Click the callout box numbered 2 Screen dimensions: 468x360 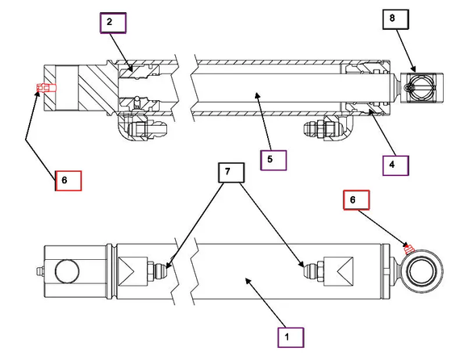pyautogui.click(x=113, y=23)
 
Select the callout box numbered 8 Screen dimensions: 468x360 pyautogui.click(x=395, y=19)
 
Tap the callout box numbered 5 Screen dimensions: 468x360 pyautogui.click(x=273, y=161)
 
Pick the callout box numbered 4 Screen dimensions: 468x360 pyautogui.click(x=395, y=165)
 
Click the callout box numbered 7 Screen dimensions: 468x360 pyautogui.click(x=232, y=173)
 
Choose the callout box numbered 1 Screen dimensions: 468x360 pyautogui.click(x=290, y=337)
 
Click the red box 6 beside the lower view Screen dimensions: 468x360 pyautogui.click(x=357, y=200)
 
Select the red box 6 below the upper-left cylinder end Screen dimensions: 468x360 pyautogui.click(x=68, y=181)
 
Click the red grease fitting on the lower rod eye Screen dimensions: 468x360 pyautogui.click(x=407, y=249)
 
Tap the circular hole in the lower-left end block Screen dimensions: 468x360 pyautogui.click(x=67, y=271)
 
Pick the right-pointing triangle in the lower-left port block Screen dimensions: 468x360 pyautogui.click(x=127, y=271)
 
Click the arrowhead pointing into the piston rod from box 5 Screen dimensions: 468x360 pyautogui.click(x=257, y=95)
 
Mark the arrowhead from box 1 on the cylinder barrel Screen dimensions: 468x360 pyautogui.click(x=249, y=281)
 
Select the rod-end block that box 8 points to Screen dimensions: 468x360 pyautogui.click(x=421, y=88)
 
